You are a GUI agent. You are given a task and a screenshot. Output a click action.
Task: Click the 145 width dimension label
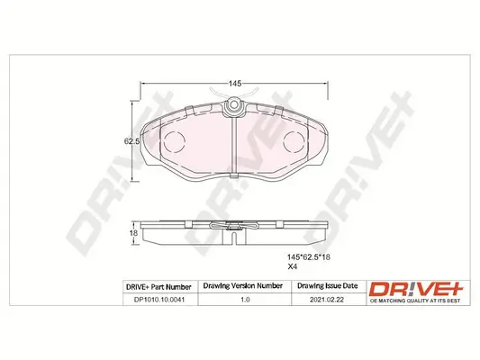234,83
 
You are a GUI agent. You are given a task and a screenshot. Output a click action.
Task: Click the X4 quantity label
292,267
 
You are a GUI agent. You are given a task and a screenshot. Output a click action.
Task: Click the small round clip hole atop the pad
234,109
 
